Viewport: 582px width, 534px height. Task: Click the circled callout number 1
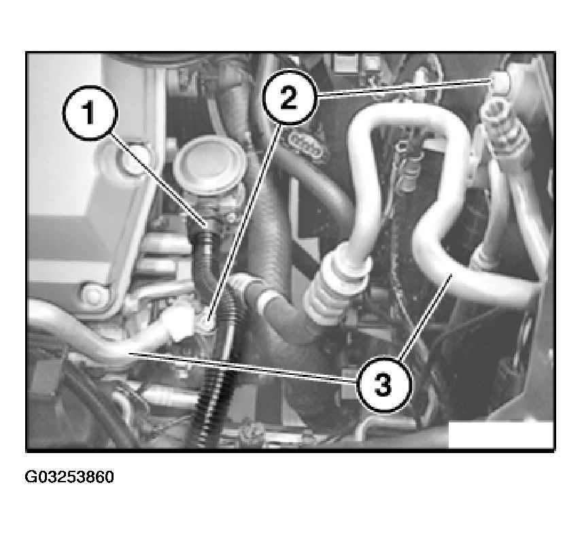90,113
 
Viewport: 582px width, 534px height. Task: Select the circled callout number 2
290,97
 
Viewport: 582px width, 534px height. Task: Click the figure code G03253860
69,477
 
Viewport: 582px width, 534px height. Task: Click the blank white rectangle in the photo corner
500,434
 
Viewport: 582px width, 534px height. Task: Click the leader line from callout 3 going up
426,317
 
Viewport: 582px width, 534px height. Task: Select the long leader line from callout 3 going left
243,366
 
